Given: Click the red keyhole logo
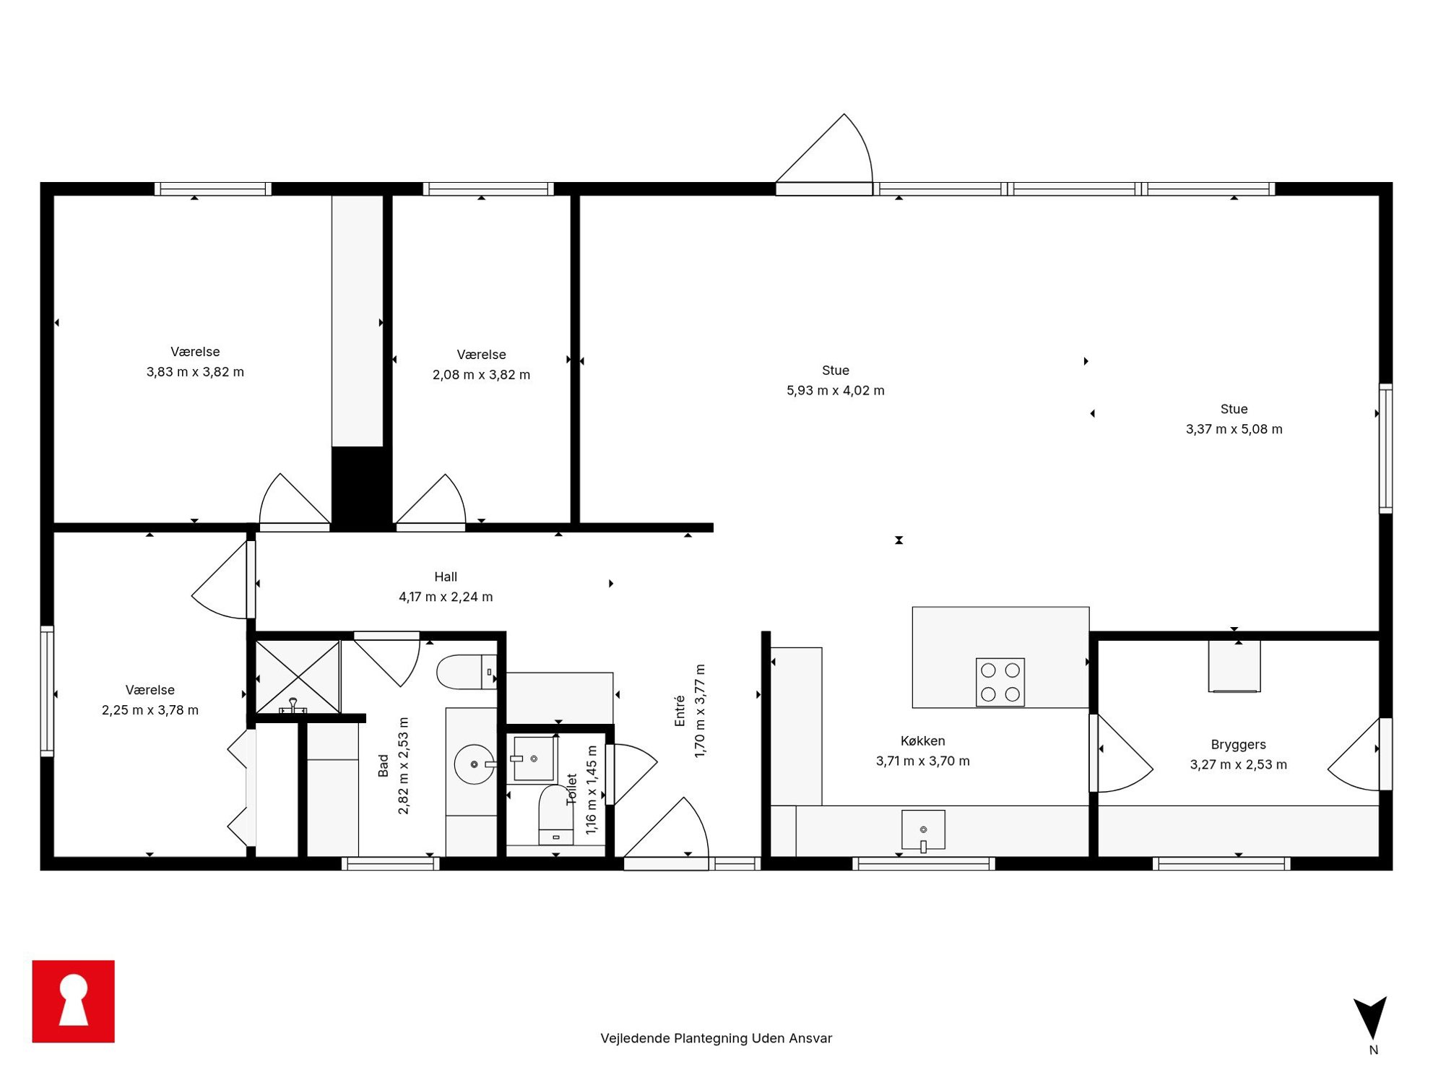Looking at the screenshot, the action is point(73,1001).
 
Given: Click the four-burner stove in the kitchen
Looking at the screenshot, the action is point(1000,681).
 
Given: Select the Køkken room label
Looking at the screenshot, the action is point(922,741).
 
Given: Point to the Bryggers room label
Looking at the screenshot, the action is point(1238,744).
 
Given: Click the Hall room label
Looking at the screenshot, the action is point(446,577).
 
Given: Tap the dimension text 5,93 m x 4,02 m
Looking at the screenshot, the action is point(835,390).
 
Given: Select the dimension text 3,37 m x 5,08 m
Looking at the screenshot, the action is point(1234,429).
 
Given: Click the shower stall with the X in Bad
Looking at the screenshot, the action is point(298,677).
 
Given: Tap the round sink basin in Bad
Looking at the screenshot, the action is point(474,764).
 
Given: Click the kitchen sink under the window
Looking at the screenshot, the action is point(923,830).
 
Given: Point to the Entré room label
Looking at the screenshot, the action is point(680,711).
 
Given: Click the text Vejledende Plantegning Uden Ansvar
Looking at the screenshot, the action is point(716,1038).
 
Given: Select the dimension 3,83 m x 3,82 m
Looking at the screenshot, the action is point(195,372).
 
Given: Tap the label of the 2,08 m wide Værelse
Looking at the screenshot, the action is point(481,355).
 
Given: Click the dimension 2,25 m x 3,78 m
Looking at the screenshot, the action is point(150,710).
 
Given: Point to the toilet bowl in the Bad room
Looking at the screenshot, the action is point(467,672).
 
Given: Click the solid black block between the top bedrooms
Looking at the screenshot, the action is point(361,488).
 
